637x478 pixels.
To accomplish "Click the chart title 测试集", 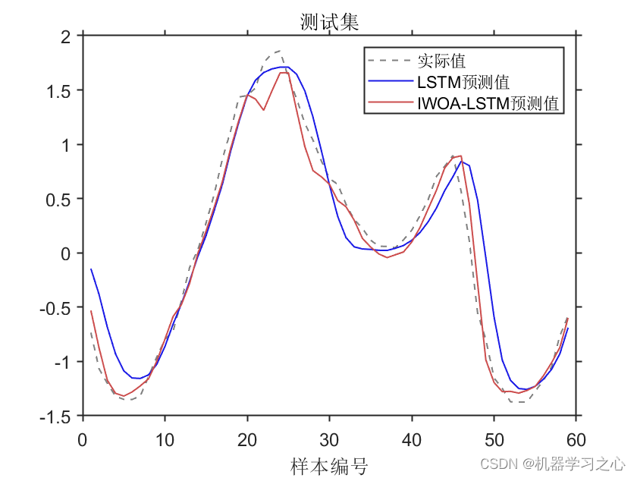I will [x=329, y=24].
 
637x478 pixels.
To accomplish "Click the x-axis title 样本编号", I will [x=328, y=465].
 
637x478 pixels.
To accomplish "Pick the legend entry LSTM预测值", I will [x=463, y=82].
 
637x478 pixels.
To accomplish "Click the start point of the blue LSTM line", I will [x=91, y=269].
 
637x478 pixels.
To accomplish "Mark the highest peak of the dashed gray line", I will [x=280, y=51].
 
